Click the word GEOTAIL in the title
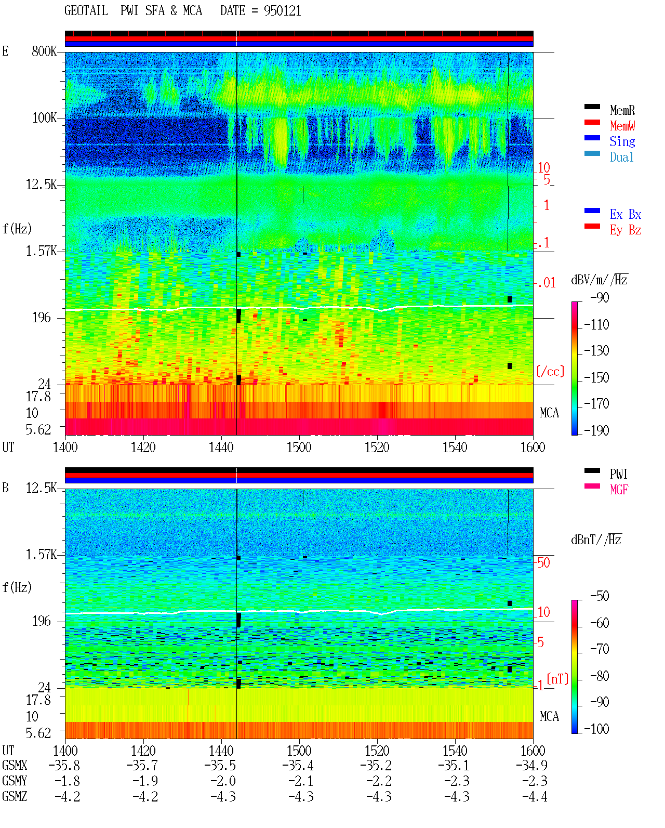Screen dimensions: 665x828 pos(86,11)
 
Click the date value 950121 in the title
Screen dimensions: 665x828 pos(282,11)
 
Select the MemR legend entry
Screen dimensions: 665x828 pos(622,110)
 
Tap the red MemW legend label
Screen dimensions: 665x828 pos(622,126)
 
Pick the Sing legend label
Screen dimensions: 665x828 pos(622,141)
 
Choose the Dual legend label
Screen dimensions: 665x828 pos(622,157)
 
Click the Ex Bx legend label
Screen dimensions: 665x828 pos(626,214)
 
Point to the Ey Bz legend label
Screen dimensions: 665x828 pos(626,230)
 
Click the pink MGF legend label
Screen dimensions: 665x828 pos(619,490)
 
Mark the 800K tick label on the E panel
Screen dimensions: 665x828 pos(44,51)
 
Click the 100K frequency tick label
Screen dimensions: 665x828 pos(44,118)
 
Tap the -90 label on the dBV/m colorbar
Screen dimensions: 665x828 pos(600,297)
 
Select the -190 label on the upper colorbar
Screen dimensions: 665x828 pos(596,430)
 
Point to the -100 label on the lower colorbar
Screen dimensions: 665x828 pos(596,729)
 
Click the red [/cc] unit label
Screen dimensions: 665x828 pos(550,371)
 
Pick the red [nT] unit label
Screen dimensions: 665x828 pos(557,678)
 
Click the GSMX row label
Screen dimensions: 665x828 pos(15,765)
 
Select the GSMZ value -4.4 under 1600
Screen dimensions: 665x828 pos(535,796)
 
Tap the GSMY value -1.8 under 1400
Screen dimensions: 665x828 pos(67,781)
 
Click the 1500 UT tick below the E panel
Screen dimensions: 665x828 pos(299,448)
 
